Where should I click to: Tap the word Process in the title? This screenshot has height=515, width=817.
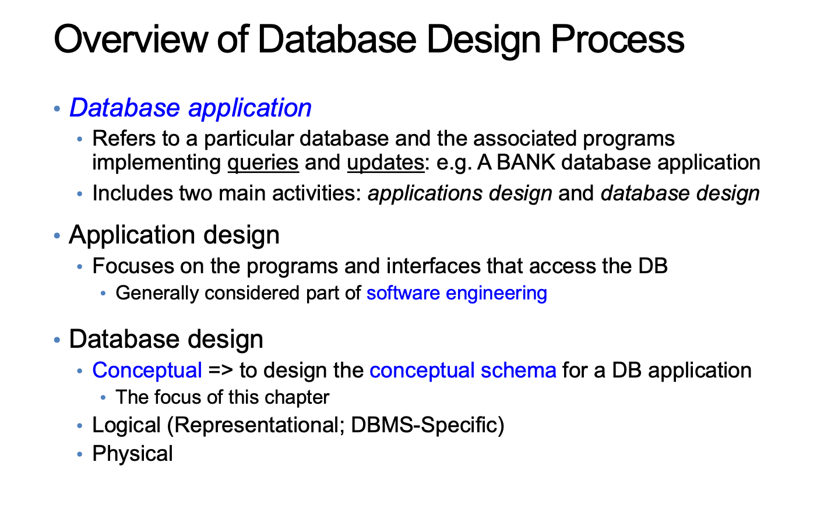618,39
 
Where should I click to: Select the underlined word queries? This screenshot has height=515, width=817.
263,163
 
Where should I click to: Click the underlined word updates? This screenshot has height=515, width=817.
386,163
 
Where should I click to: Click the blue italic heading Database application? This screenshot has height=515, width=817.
191,108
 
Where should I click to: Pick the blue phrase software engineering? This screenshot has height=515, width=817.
457,293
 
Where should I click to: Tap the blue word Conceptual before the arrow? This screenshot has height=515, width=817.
147,370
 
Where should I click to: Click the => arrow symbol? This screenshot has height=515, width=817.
220,371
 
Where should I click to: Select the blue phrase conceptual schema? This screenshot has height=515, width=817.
463,370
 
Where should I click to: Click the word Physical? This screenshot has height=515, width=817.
132,454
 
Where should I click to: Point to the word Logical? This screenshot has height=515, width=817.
126,425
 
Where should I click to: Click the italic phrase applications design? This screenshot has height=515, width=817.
460,193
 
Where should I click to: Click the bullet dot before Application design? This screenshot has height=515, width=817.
57,235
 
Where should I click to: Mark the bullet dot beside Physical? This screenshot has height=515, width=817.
80,454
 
